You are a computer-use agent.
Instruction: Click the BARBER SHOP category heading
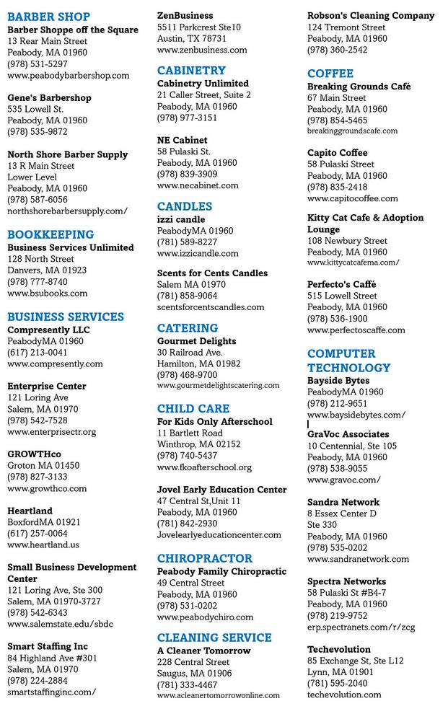pyautogui.click(x=49, y=17)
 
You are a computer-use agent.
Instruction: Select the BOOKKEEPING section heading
pyautogui.click(x=50, y=234)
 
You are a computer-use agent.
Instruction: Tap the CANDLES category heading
pyautogui.click(x=185, y=206)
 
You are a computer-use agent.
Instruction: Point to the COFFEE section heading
pyautogui.click(x=330, y=74)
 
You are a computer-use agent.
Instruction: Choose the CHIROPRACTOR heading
pyautogui.click(x=205, y=558)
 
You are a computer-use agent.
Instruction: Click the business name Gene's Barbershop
pyautogui.click(x=49, y=98)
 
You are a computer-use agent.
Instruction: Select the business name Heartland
pyautogui.click(x=30, y=511)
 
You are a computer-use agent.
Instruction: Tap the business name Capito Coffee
pyautogui.click(x=338, y=153)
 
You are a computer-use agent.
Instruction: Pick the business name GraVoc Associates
pyautogui.click(x=348, y=434)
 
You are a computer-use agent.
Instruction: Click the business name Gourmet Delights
pyautogui.click(x=196, y=341)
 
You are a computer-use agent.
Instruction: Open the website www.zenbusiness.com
pyautogui.click(x=202, y=50)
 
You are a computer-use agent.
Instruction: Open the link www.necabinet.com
pyautogui.click(x=198, y=185)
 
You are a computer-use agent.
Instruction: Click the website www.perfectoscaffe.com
pyautogui.click(x=356, y=330)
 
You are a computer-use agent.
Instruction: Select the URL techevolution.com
pyautogui.click(x=344, y=695)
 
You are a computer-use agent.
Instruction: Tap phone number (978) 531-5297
pyautogui.click(x=38, y=64)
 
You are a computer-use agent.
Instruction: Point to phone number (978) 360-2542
pyautogui.click(x=338, y=50)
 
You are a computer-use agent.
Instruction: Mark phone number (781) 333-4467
pyautogui.click(x=188, y=685)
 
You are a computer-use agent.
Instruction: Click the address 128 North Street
pyautogui.click(x=40, y=259)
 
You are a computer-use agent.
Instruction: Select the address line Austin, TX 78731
pyautogui.click(x=192, y=38)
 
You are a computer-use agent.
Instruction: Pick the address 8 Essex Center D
pyautogui.click(x=342, y=513)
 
